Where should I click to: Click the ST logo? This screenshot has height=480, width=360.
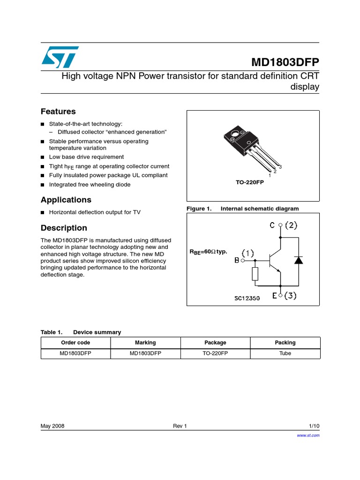point(60,56)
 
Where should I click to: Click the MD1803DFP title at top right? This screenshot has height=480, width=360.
point(285,63)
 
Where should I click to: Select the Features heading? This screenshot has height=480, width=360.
point(58,112)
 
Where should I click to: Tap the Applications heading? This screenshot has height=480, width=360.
point(66,200)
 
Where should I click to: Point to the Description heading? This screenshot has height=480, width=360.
point(64,228)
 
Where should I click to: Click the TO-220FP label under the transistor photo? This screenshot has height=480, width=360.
point(250,182)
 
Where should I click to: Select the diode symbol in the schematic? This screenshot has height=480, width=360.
point(298,260)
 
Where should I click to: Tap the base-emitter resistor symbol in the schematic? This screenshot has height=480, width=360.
point(255,274)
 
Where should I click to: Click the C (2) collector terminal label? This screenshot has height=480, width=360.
point(283,225)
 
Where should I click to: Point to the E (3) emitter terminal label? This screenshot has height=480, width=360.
point(284,296)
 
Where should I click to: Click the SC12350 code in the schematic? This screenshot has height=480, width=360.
point(247,298)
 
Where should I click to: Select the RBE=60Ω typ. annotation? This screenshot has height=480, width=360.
point(208,252)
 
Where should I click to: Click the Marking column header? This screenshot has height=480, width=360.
point(145,343)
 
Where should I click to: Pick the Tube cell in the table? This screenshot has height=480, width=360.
point(285,353)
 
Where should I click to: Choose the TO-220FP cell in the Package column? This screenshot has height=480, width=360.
point(215,353)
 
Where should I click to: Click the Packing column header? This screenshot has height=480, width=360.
point(285,343)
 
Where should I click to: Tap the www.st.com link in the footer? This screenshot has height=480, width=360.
point(308,435)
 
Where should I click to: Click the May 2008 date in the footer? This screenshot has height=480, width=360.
point(52,426)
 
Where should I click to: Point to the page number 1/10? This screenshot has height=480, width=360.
point(314,426)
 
